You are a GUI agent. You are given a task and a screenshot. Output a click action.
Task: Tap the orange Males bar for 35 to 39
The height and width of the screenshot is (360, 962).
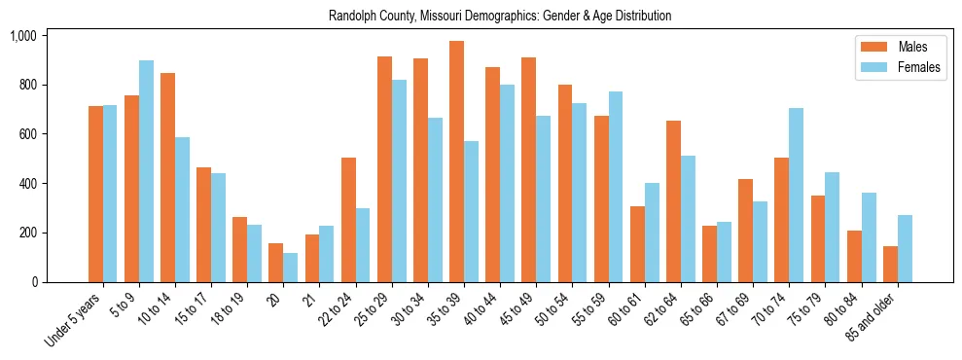(x=456, y=162)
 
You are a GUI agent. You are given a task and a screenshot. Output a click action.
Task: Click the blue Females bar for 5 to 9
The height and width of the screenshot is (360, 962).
(x=146, y=171)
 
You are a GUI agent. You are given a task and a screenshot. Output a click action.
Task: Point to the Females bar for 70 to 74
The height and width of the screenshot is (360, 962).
(x=796, y=195)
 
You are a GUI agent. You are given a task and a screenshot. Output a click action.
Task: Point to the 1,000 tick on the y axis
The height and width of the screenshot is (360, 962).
(x=22, y=36)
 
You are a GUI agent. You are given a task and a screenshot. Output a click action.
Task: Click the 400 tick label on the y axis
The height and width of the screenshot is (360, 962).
(x=26, y=184)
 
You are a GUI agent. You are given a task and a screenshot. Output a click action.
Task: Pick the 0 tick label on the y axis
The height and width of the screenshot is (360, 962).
(x=34, y=282)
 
